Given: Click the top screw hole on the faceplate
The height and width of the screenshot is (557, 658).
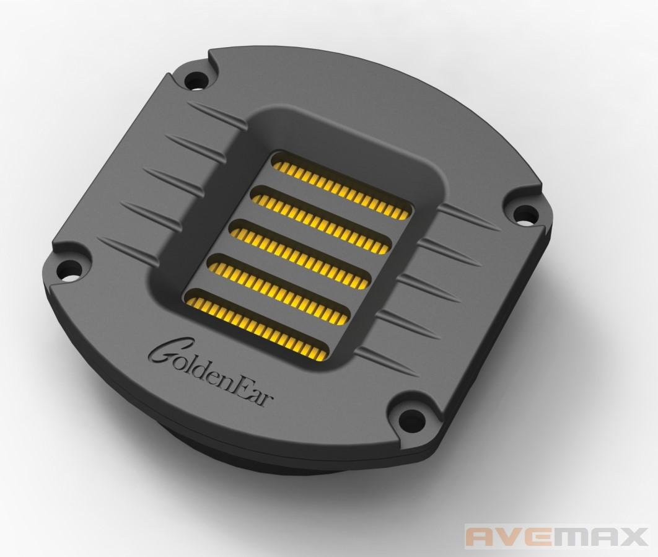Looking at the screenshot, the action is [195, 80].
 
